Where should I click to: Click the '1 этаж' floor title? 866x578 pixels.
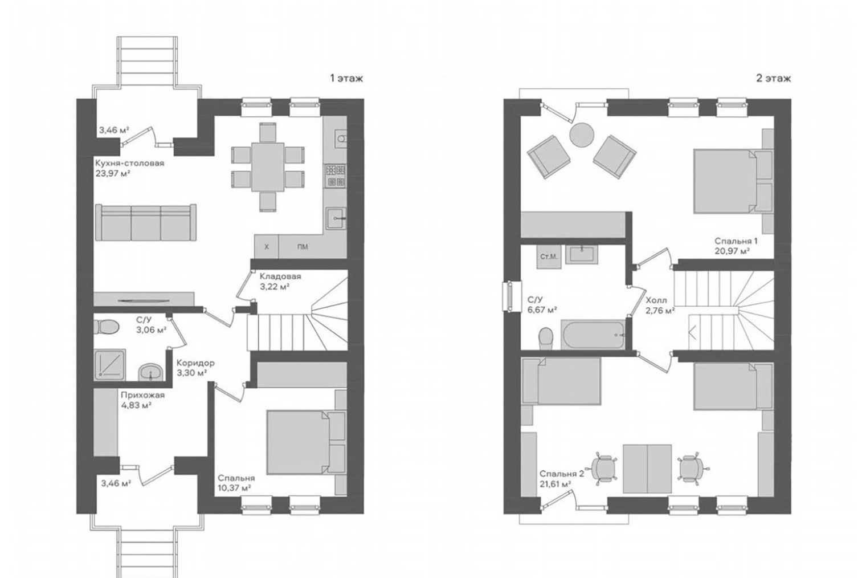point(346,79)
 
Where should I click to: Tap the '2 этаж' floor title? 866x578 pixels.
point(774,79)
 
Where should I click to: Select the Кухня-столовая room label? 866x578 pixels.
point(129,163)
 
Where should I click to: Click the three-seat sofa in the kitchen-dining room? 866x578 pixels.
point(146,222)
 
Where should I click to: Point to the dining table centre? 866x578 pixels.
point(268,167)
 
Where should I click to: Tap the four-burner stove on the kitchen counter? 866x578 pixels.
point(335,176)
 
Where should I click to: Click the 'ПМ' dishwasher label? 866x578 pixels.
point(303,247)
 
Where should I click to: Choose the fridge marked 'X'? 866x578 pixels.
point(267,247)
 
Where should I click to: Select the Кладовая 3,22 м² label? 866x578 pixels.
point(280,281)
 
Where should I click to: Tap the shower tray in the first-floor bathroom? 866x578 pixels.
point(110,364)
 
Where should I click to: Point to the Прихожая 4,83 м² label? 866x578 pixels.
point(142,400)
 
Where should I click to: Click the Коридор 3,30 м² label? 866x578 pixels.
point(195,368)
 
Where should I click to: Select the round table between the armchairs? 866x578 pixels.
point(582,135)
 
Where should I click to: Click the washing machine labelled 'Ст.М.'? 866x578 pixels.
point(549,257)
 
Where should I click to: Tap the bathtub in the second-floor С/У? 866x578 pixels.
point(593,334)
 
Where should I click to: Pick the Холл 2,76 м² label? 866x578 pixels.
point(660,306)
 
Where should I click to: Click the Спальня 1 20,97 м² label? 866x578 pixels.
point(736,246)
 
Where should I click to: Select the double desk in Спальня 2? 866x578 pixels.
point(647,469)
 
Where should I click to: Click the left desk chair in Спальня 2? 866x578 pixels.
point(603,469)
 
